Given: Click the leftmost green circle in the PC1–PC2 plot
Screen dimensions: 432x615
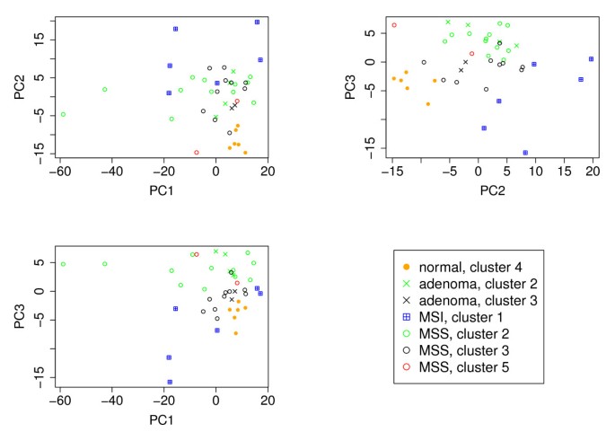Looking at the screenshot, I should tap(63, 114).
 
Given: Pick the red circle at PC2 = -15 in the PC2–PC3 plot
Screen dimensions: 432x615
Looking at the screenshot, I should tap(394, 25).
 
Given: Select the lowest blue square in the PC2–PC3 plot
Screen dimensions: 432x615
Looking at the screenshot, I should tap(525, 153).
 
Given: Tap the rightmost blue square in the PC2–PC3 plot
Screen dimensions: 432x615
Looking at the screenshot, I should tap(592, 59).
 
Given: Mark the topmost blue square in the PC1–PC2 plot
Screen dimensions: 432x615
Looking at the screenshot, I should tap(258, 22).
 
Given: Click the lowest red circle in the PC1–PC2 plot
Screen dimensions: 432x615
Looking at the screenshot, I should tap(197, 153).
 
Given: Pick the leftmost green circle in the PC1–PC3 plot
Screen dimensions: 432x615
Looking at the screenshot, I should tap(63, 264).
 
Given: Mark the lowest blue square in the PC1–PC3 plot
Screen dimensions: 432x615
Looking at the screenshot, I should tap(169, 382).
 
